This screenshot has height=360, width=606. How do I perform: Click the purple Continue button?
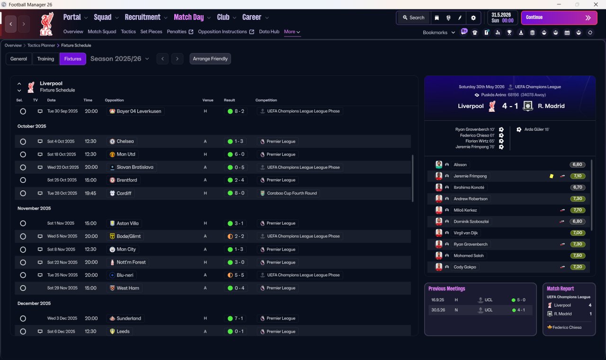click(x=559, y=18)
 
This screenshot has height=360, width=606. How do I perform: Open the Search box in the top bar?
click(x=414, y=18)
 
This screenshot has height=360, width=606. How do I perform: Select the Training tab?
click(x=45, y=59)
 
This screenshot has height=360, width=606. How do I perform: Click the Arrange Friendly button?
click(x=210, y=59)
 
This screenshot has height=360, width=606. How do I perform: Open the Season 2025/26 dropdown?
click(x=120, y=59)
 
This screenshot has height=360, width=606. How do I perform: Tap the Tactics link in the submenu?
click(x=128, y=32)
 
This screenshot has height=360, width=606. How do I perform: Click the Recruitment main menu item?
click(x=143, y=18)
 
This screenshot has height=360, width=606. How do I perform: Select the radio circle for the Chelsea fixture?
click(x=23, y=142)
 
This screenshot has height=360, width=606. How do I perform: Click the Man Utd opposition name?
click(x=126, y=154)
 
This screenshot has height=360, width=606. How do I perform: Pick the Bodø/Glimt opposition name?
click(x=128, y=236)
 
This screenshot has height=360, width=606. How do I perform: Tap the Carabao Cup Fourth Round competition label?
click(x=292, y=193)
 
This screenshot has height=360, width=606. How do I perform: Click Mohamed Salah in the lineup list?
click(x=469, y=255)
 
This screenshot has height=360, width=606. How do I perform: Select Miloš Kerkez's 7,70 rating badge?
click(x=578, y=210)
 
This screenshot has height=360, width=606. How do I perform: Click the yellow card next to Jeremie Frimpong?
click(x=552, y=176)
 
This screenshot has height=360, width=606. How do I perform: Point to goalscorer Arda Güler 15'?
click(x=536, y=129)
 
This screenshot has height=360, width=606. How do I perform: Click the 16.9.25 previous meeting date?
click(x=437, y=300)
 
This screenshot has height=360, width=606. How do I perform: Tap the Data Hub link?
click(x=269, y=32)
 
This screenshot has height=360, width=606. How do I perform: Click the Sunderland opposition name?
click(x=129, y=318)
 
